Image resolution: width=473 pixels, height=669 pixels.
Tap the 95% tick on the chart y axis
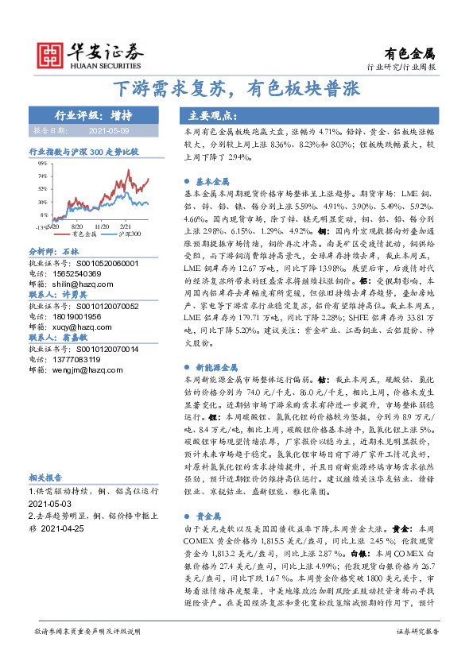pos(41,163)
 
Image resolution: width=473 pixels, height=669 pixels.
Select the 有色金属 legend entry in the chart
pos(83,234)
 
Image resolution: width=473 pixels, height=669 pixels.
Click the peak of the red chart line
pos(110,169)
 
